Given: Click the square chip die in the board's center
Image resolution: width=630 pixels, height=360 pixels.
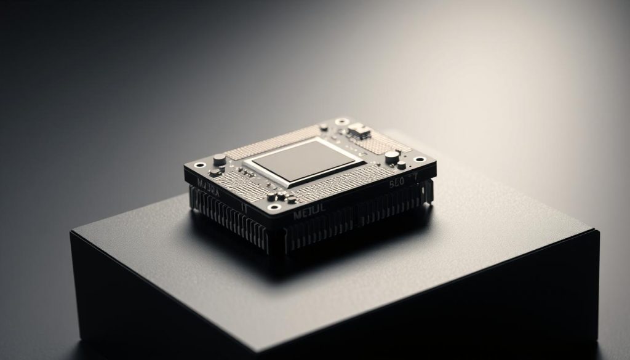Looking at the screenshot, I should click(x=303, y=160).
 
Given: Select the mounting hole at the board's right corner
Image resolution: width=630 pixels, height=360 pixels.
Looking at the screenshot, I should click(x=420, y=159).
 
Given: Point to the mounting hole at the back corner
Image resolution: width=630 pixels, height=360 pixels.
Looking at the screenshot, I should click(x=341, y=122).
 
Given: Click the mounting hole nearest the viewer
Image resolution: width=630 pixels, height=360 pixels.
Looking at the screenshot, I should click(x=274, y=207).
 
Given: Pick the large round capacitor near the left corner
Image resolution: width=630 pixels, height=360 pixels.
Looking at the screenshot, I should click(x=219, y=160).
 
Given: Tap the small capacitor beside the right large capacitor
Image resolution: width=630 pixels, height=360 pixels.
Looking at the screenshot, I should click(x=401, y=165).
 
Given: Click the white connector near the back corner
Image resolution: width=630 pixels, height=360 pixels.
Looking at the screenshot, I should click(x=359, y=130).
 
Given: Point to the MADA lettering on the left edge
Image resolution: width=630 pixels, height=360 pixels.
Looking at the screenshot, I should click(x=207, y=186).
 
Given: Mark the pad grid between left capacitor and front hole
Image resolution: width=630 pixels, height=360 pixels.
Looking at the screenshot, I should click(x=246, y=185).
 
